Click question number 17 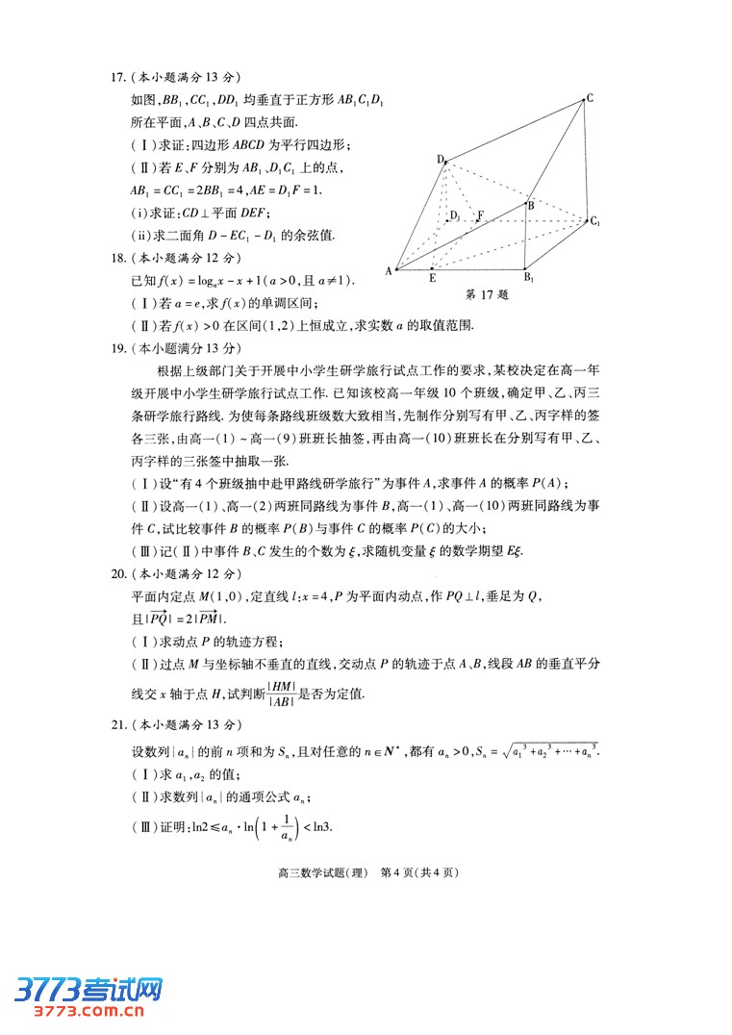[x=116, y=78]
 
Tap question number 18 [x=116, y=258]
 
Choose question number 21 [x=116, y=723]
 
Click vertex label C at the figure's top [x=590, y=97]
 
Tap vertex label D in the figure [x=440, y=160]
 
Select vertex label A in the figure [x=390, y=271]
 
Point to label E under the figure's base [x=432, y=278]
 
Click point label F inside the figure [x=481, y=215]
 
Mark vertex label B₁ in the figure [x=529, y=278]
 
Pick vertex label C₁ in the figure [x=596, y=222]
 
